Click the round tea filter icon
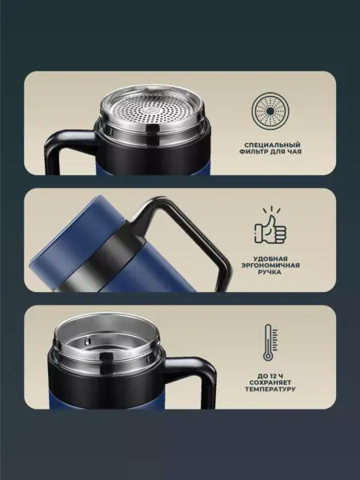(x=270, y=111)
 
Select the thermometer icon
(x=270, y=342)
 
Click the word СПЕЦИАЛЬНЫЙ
(x=272, y=145)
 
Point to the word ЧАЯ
(x=294, y=151)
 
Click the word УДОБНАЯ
(x=270, y=259)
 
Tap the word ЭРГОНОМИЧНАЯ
(x=270, y=266)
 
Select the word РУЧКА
(x=271, y=272)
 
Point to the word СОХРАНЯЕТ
(x=270, y=382)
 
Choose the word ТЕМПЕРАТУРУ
(x=270, y=390)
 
